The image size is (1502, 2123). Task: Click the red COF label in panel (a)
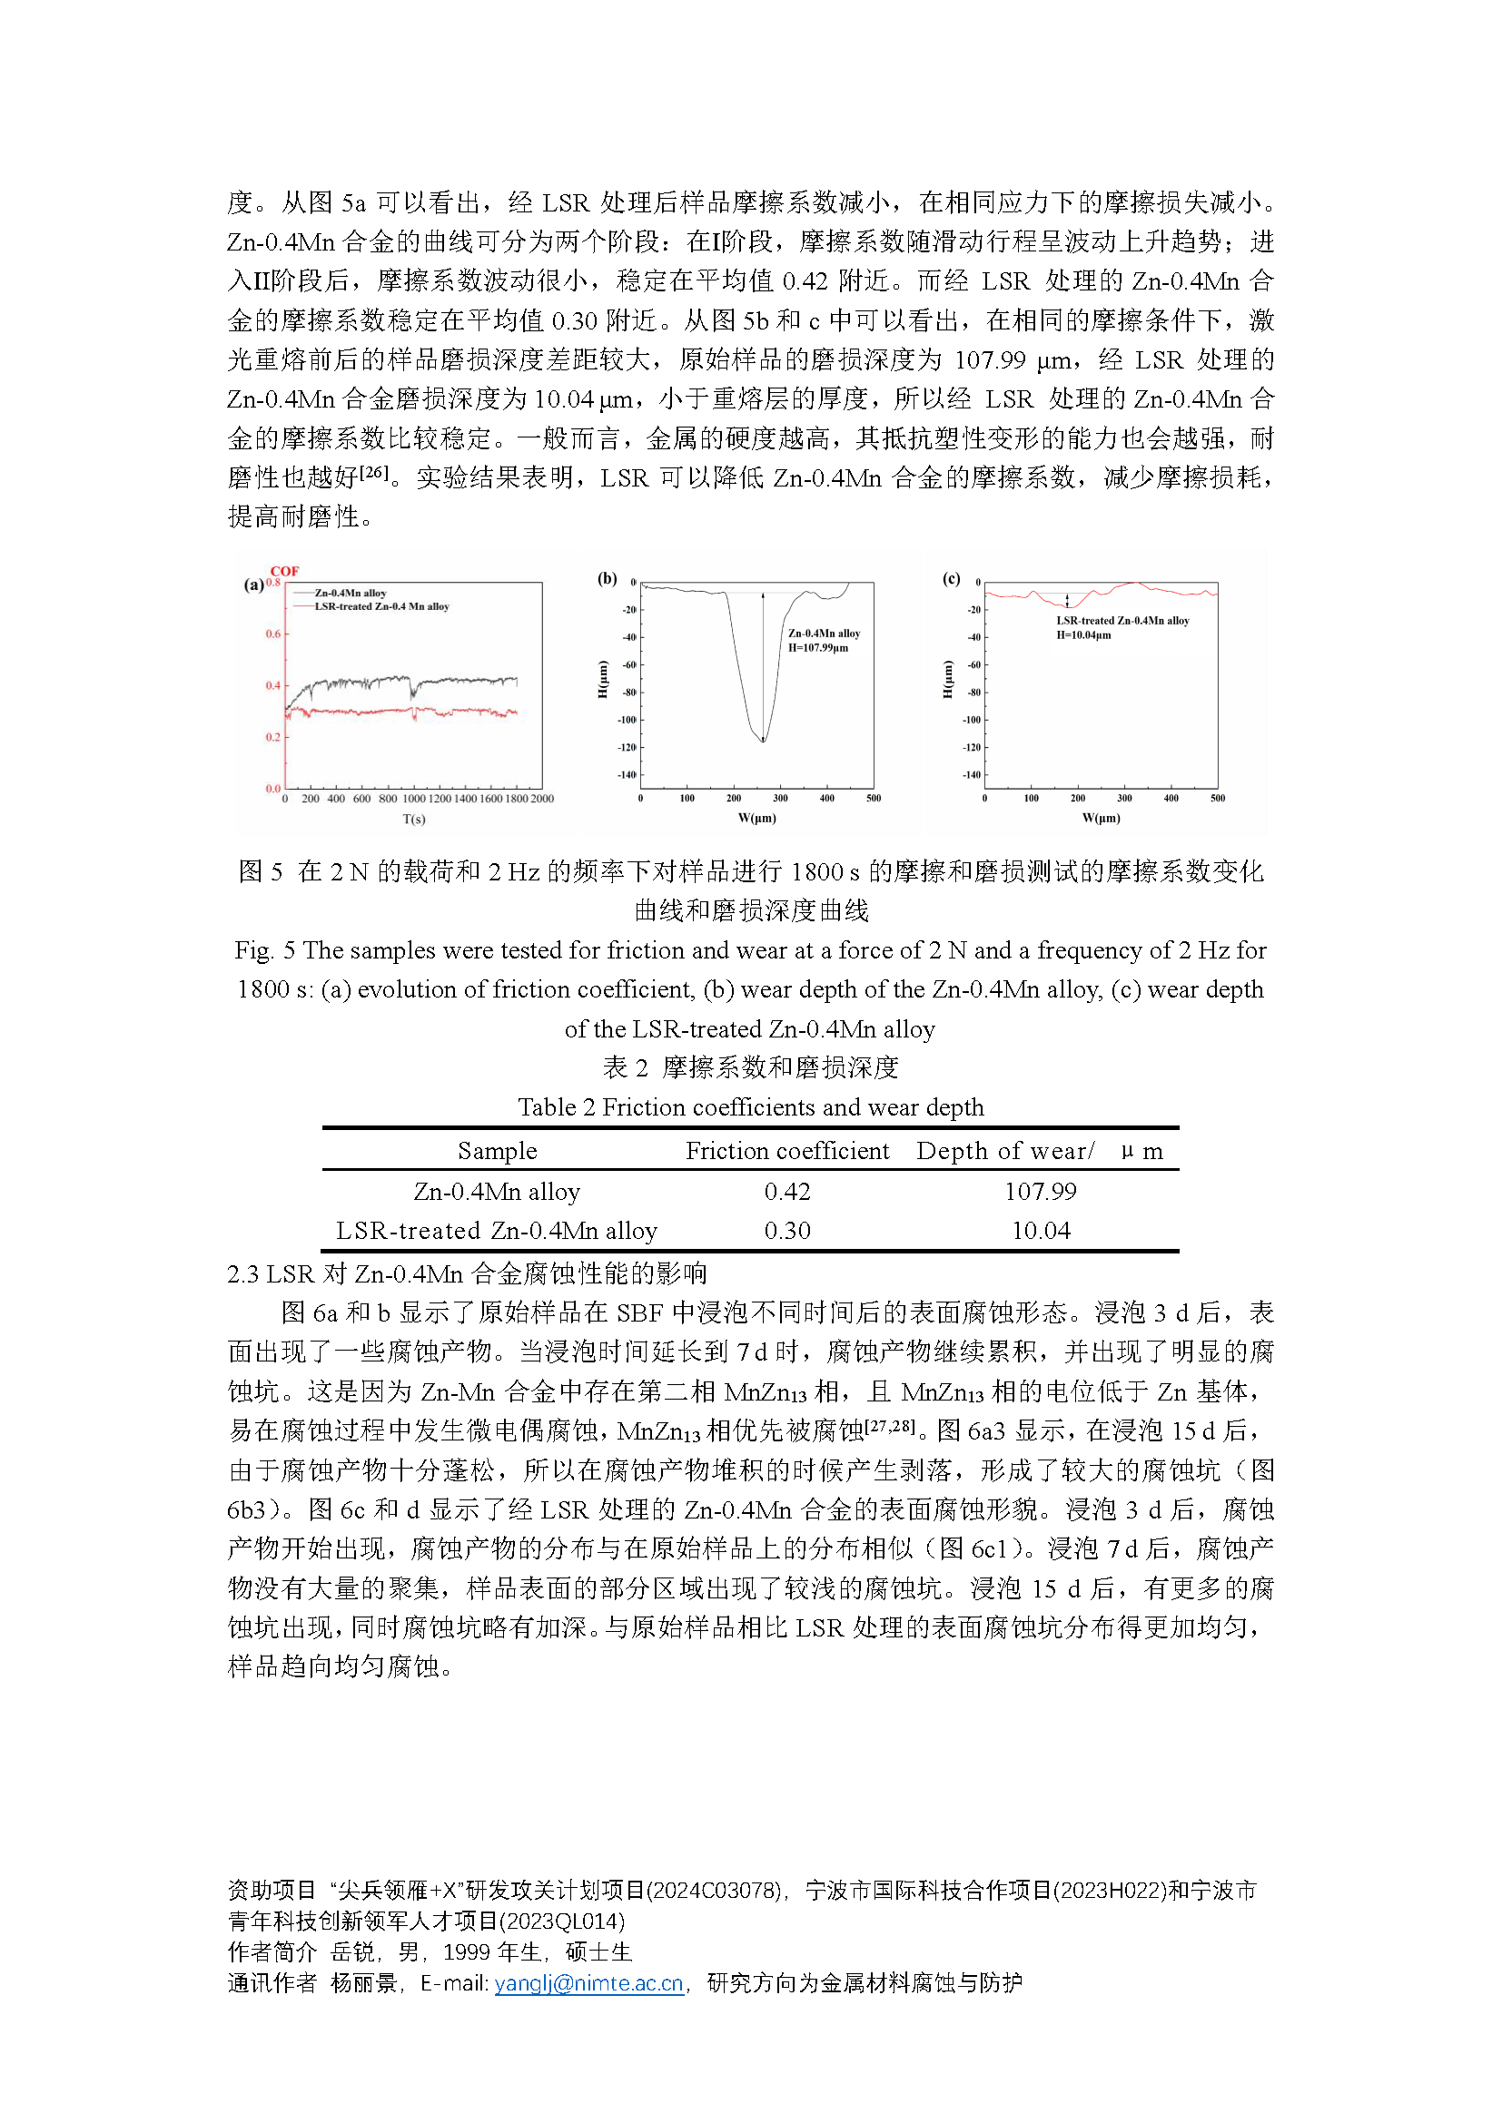tap(284, 571)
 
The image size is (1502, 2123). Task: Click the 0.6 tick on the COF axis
tap(272, 634)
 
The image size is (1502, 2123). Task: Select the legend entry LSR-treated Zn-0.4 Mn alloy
tap(381, 606)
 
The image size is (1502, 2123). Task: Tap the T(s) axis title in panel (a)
tap(413, 819)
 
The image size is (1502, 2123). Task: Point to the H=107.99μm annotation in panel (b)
tap(817, 647)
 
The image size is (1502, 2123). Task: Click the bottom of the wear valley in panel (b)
tap(763, 740)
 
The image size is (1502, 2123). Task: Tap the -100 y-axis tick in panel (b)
tap(627, 720)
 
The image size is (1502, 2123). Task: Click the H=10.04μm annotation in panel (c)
tap(1083, 634)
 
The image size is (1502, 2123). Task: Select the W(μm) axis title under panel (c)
tap(1101, 818)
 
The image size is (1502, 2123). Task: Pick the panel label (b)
tap(607, 578)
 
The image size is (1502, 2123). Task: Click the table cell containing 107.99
tap(1041, 1191)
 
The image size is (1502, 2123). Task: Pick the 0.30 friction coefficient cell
tap(787, 1231)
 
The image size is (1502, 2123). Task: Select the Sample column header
tap(497, 1150)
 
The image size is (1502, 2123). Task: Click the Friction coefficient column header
tap(787, 1150)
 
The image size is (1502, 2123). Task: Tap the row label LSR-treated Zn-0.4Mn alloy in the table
tap(497, 1231)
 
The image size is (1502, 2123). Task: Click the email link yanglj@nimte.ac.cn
tap(588, 1983)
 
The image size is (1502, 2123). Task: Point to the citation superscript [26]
tap(374, 472)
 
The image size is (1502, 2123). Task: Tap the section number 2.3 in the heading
tap(242, 1273)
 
